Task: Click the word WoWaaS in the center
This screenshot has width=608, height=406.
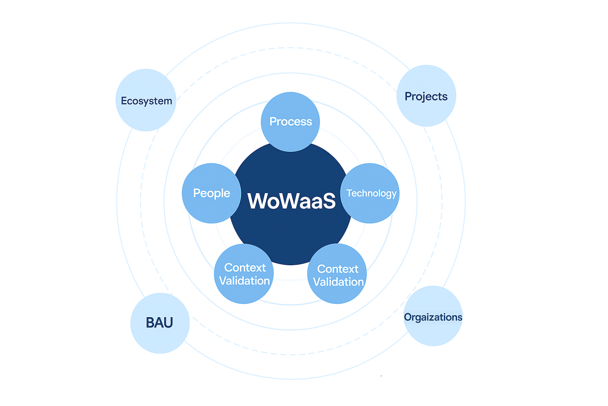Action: [291, 201]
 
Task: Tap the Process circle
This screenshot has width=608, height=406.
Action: [290, 135]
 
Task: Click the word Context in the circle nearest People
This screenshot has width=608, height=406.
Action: [245, 268]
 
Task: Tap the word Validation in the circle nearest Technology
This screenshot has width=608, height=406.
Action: [338, 282]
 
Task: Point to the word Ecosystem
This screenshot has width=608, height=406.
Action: [146, 101]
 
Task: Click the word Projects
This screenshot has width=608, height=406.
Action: [426, 97]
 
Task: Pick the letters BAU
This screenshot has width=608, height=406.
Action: [159, 323]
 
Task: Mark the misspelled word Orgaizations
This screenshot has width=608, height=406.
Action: [433, 317]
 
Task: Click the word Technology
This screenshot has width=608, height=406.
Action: [371, 193]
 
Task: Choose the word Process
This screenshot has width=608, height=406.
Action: [291, 122]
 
